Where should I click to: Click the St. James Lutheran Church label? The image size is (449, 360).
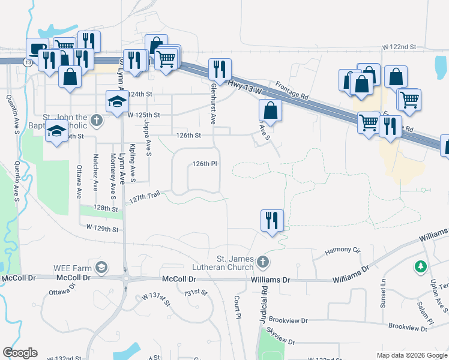(x=230, y=262)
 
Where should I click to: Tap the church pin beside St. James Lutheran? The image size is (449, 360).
(x=262, y=262)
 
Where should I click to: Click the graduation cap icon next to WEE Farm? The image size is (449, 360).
(x=102, y=266)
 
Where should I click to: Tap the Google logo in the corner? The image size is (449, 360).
(x=20, y=353)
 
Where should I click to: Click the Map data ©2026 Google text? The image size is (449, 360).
(x=412, y=355)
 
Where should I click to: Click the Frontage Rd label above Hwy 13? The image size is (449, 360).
(x=292, y=90)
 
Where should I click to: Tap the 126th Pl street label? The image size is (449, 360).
(x=204, y=164)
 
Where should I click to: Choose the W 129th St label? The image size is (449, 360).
(x=103, y=228)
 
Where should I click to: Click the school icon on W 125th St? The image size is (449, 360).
(x=116, y=100)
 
